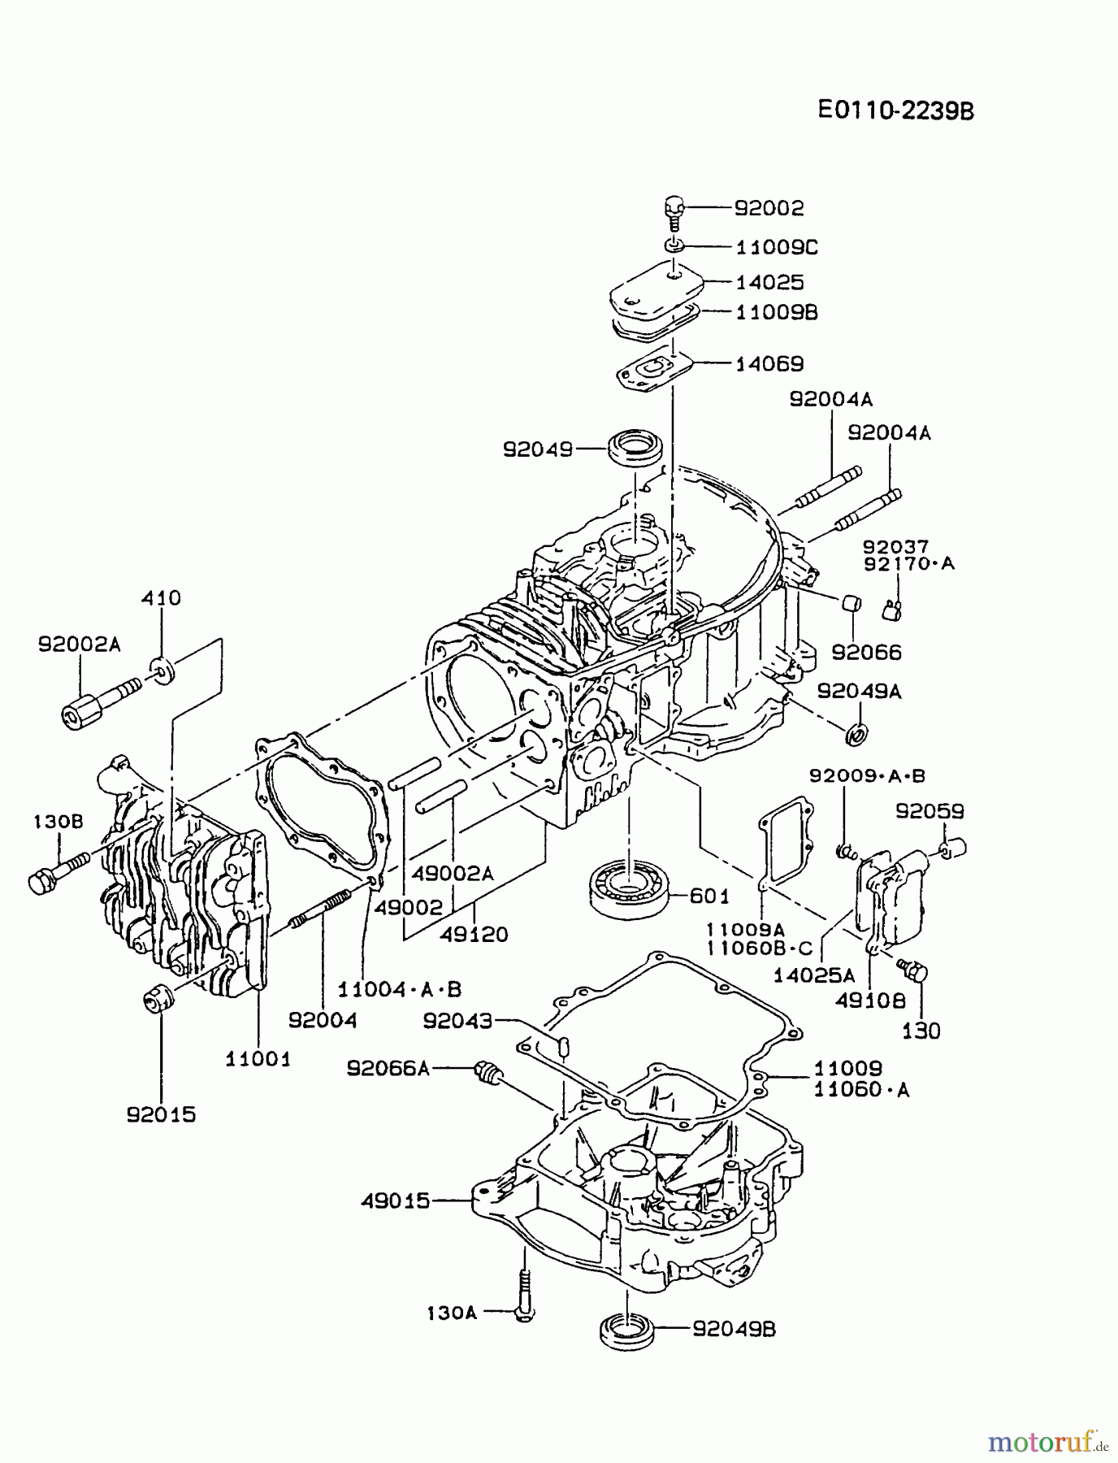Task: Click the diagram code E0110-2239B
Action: coord(895,111)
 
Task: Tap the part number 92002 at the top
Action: coord(769,208)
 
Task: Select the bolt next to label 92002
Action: coord(674,212)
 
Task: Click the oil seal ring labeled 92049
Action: coord(638,449)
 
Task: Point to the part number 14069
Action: coord(769,363)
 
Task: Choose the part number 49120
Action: coord(474,935)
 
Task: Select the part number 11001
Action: coord(258,1059)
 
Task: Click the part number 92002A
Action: coord(79,645)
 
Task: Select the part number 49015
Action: coord(395,1200)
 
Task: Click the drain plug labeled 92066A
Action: coord(488,1073)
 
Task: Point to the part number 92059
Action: coord(930,811)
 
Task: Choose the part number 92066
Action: coord(866,653)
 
